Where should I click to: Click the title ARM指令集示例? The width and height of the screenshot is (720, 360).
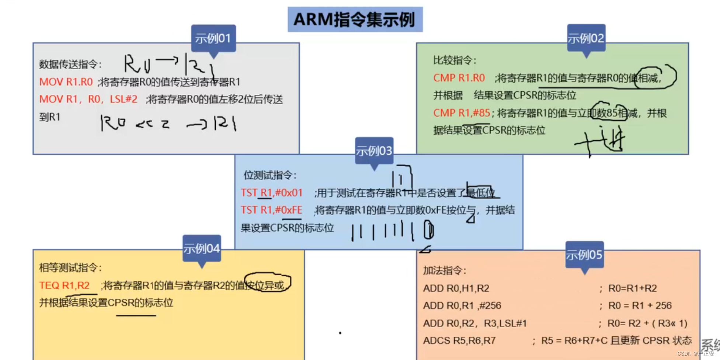tap(355, 20)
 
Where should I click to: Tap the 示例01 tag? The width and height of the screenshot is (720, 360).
tap(213, 38)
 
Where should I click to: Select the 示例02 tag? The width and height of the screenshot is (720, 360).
tap(586, 38)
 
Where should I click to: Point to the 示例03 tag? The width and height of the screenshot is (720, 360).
tap(374, 151)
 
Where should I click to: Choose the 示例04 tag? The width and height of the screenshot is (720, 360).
tap(202, 249)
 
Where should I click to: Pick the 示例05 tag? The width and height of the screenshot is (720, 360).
tap(584, 255)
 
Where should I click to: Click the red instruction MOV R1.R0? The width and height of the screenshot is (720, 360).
tap(66, 82)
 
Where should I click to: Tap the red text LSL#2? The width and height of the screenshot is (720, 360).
tap(124, 99)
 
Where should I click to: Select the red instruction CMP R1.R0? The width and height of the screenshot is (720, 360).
tap(459, 78)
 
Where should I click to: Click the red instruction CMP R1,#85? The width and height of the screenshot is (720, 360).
tap(462, 113)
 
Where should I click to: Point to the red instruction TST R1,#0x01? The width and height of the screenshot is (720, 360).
tap(272, 193)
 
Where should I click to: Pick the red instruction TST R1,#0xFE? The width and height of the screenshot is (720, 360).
tap(272, 210)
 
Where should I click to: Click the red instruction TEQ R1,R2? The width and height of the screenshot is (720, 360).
tap(65, 285)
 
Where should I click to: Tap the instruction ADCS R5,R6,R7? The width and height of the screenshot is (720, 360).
tap(459, 340)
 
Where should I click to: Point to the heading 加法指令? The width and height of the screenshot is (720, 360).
tap(444, 270)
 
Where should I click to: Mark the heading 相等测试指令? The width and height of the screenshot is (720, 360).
tap(70, 268)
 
